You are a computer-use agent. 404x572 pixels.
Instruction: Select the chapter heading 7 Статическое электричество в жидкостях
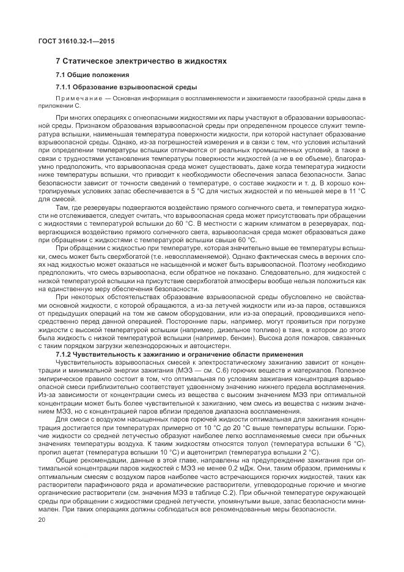coord(141,61)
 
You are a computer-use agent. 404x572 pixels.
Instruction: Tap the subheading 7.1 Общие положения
coord(86,75)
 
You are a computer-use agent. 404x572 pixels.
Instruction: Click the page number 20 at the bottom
coord(42,520)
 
